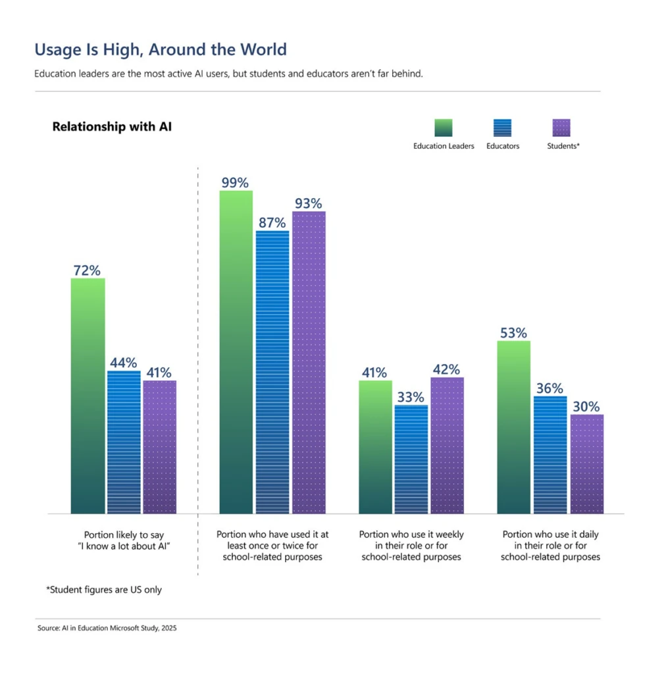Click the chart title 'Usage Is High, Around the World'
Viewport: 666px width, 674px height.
point(160,49)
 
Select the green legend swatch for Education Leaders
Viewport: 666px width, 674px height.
point(444,128)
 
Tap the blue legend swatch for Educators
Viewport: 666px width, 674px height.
point(502,128)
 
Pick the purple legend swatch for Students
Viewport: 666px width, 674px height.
point(562,128)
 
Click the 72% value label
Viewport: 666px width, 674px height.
point(86,270)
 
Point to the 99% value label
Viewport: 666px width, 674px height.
point(234,182)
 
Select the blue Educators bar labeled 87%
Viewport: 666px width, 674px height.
point(272,372)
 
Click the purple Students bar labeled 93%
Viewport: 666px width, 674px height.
point(309,362)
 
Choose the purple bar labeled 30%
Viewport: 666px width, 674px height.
point(586,463)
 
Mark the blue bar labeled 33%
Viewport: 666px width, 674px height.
point(411,459)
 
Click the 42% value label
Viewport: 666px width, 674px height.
point(446,369)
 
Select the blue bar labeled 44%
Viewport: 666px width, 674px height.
point(123,442)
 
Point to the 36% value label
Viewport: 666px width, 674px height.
point(549,388)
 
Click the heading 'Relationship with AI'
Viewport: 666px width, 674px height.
point(112,126)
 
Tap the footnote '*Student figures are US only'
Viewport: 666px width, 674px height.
point(104,590)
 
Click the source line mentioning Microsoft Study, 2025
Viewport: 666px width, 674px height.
point(107,628)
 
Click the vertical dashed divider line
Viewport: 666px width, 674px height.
point(198,369)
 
